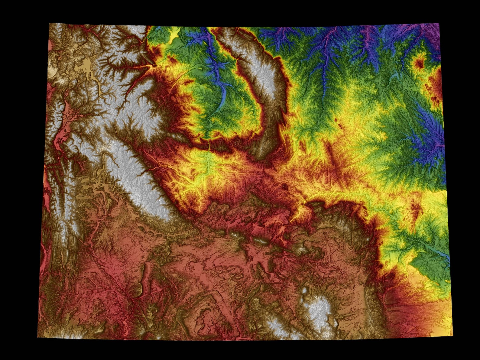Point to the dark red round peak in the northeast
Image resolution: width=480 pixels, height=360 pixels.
[420, 63]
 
